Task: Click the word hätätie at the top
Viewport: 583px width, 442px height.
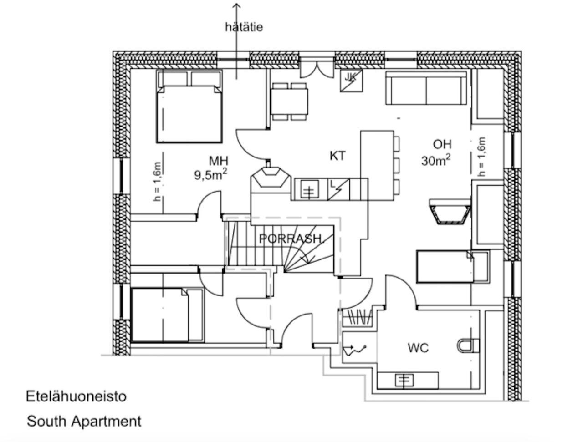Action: [x=244, y=27]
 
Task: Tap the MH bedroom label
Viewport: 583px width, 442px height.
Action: [x=218, y=161]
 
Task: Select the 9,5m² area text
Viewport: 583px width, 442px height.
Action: [x=211, y=175]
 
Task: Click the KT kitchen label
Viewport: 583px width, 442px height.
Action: [x=338, y=156]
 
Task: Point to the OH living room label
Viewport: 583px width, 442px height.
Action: [x=442, y=144]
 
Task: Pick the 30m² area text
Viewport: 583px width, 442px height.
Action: [x=436, y=160]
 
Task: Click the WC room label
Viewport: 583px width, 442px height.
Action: [x=418, y=348]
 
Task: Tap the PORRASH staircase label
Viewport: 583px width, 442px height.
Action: [x=290, y=239]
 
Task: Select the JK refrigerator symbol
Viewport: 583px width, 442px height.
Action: [x=351, y=81]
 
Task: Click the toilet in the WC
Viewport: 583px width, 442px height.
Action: [x=468, y=345]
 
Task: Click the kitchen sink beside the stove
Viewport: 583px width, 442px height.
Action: [x=309, y=189]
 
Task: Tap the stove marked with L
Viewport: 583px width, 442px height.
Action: [x=338, y=189]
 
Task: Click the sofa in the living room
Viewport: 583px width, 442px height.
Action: [x=426, y=88]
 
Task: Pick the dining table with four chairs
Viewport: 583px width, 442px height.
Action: [x=289, y=101]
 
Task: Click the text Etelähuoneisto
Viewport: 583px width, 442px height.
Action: [x=76, y=396]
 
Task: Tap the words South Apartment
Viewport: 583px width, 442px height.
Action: [x=84, y=421]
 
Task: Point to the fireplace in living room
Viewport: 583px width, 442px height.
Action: [x=450, y=212]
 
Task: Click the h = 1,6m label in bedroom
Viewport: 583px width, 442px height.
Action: [x=157, y=182]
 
